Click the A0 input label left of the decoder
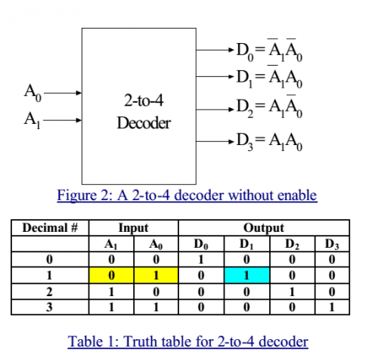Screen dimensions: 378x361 pyautogui.click(x=33, y=93)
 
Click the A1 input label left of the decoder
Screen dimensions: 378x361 pyautogui.click(x=33, y=120)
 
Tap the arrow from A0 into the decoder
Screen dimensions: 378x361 pyautogui.click(x=63, y=93)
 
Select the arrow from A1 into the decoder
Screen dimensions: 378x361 pyautogui.click(x=63, y=120)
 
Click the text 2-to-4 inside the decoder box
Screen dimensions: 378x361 pyautogui.click(x=144, y=100)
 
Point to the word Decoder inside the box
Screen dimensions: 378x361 pyautogui.click(x=144, y=123)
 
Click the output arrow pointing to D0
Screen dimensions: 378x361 pyautogui.click(x=215, y=50)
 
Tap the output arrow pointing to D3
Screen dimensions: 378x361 pyautogui.click(x=215, y=141)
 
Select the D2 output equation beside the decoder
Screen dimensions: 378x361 pyautogui.click(x=269, y=106)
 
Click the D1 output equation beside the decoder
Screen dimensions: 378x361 pyautogui.click(x=269, y=76)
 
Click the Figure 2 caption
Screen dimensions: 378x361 pyautogui.click(x=187, y=196)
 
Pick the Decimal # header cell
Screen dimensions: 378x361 pyautogui.click(x=50, y=228)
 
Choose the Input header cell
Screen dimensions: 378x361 pyautogui.click(x=134, y=228)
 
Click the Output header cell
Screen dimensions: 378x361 pyautogui.click(x=264, y=228)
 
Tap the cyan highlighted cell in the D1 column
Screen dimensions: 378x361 pyautogui.click(x=246, y=275)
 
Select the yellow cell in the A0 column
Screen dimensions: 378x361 pyautogui.click(x=156, y=275)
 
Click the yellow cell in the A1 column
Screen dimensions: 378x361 pyautogui.click(x=111, y=275)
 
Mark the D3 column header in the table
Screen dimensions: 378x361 pyautogui.click(x=332, y=244)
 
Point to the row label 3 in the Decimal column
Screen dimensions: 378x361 pyautogui.click(x=49, y=307)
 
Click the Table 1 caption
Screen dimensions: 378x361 pyautogui.click(x=188, y=342)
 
